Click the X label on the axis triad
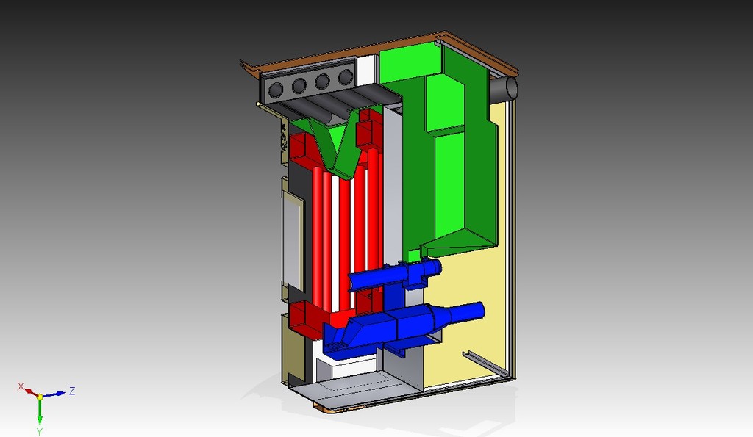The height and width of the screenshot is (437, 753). pos(21,386)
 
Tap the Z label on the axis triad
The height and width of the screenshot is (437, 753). pos(72,391)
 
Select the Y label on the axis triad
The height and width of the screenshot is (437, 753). pos(40,432)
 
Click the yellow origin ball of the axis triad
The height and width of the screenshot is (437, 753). pos(40,397)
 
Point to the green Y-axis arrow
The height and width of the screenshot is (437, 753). pos(40,411)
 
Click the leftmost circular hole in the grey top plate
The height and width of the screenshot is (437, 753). pos(276,90)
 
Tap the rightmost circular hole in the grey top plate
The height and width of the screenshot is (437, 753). pos(346,76)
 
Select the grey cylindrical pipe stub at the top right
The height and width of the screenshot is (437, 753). pos(504,89)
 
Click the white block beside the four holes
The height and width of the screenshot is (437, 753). pos(368,70)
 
